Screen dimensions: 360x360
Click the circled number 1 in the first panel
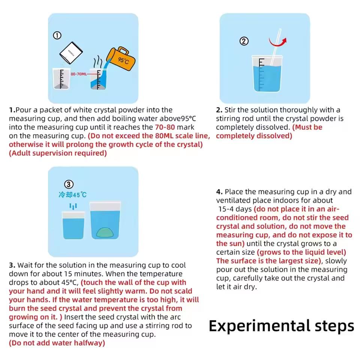click(57, 36)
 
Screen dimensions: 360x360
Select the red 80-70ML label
click(79, 74)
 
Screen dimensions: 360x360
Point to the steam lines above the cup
click(98, 61)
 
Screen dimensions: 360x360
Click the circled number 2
click(244, 41)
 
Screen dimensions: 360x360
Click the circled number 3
click(69, 184)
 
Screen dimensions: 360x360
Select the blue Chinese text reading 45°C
click(73, 195)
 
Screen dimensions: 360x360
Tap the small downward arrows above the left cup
click(73, 206)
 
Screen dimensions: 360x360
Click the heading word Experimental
click(258, 325)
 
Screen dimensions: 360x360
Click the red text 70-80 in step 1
click(165, 127)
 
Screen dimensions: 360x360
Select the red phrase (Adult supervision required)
click(58, 153)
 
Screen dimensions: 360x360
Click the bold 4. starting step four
click(219, 192)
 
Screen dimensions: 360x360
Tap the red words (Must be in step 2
click(307, 127)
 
